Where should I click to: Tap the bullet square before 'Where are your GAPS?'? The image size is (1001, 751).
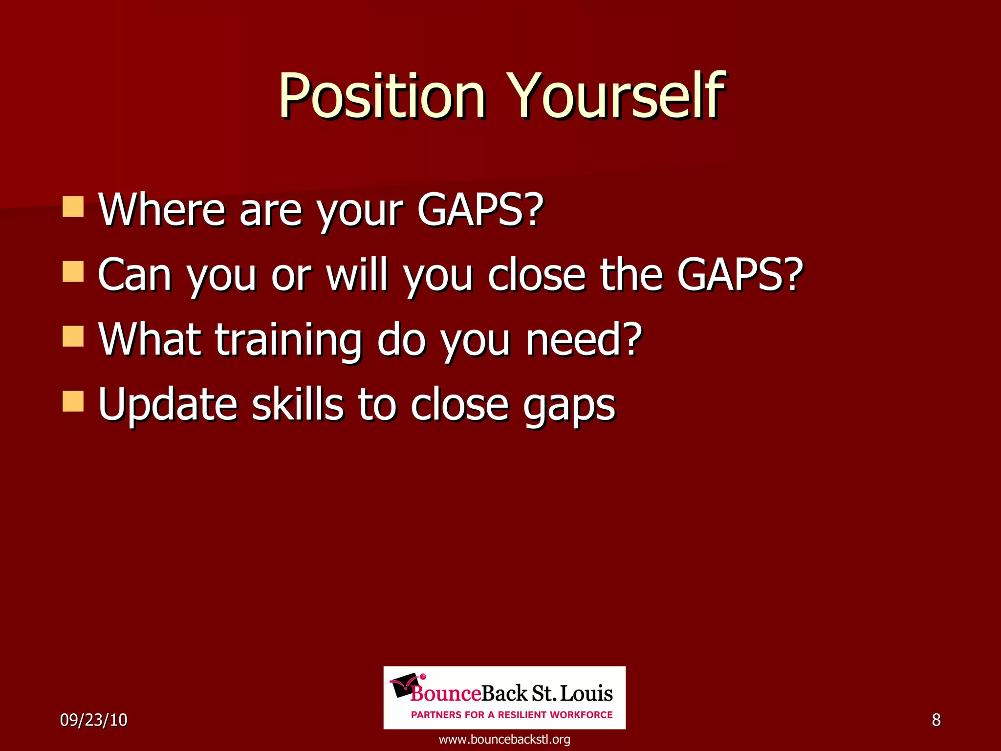73,207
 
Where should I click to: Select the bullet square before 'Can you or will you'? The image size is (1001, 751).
73,272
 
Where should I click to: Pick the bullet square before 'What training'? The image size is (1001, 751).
73,336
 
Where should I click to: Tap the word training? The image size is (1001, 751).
288,341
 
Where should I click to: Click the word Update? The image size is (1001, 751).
168,406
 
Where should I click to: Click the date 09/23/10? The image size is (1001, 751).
93,720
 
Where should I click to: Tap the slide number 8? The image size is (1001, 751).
936,720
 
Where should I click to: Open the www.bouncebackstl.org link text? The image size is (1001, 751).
504,739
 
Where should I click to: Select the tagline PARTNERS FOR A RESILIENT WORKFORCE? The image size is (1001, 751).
512,715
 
